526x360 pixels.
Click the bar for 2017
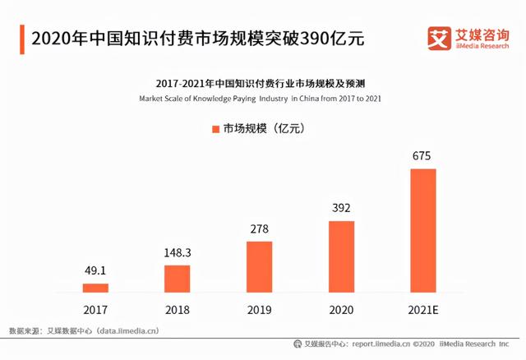coord(95,288)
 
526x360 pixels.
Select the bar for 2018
coord(177,279)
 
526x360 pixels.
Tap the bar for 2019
coord(259,266)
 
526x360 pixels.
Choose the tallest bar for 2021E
coord(422,230)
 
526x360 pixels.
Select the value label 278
coord(259,228)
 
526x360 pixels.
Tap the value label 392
coord(341,208)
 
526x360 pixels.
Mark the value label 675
coord(422,156)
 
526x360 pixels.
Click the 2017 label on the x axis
coord(95,311)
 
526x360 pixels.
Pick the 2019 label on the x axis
coord(259,311)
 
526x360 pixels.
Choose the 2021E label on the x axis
coord(422,311)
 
